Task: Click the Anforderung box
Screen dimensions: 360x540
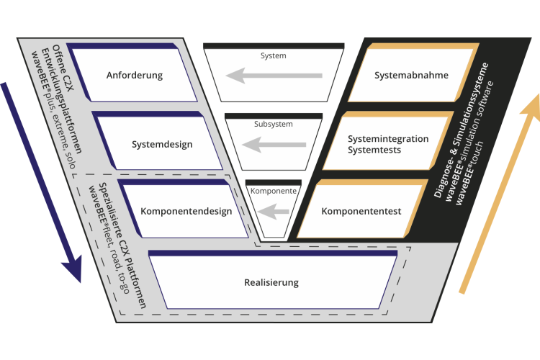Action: [135, 76]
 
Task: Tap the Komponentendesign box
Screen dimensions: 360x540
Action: [186, 211]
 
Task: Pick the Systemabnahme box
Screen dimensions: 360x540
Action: [412, 76]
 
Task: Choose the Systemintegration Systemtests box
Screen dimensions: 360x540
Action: [387, 144]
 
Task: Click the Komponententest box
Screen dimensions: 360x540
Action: [361, 211]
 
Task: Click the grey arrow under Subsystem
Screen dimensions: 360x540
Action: [271, 145]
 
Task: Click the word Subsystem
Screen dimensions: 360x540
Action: [273, 124]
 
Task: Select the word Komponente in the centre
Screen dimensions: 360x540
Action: [273, 192]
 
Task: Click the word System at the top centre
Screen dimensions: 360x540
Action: [273, 55]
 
